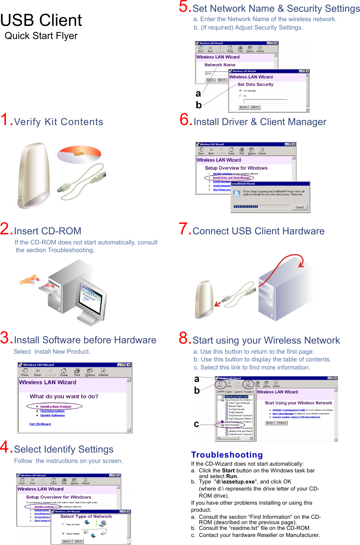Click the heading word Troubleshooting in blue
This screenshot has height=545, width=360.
coord(227,455)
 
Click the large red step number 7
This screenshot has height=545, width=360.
coord(185,229)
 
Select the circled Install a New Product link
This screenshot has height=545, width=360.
coord(56,406)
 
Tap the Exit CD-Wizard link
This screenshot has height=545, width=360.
coord(40,424)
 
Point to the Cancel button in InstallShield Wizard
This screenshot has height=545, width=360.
coord(299,207)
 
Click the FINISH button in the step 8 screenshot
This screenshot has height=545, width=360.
coord(282,423)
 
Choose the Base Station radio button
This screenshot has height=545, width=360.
coord(63,534)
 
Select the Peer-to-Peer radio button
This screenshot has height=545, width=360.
coord(63,524)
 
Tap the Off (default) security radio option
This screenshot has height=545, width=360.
coord(240,91)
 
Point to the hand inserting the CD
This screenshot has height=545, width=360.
coord(30,280)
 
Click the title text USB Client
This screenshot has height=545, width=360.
coord(41,20)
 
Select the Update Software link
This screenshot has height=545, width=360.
coord(52,416)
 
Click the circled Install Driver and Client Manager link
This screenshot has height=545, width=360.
coord(231,178)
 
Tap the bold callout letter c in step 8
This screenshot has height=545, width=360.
coord(196,424)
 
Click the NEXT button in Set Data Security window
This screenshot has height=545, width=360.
coord(255,107)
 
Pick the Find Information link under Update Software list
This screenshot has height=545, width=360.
coord(52,411)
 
